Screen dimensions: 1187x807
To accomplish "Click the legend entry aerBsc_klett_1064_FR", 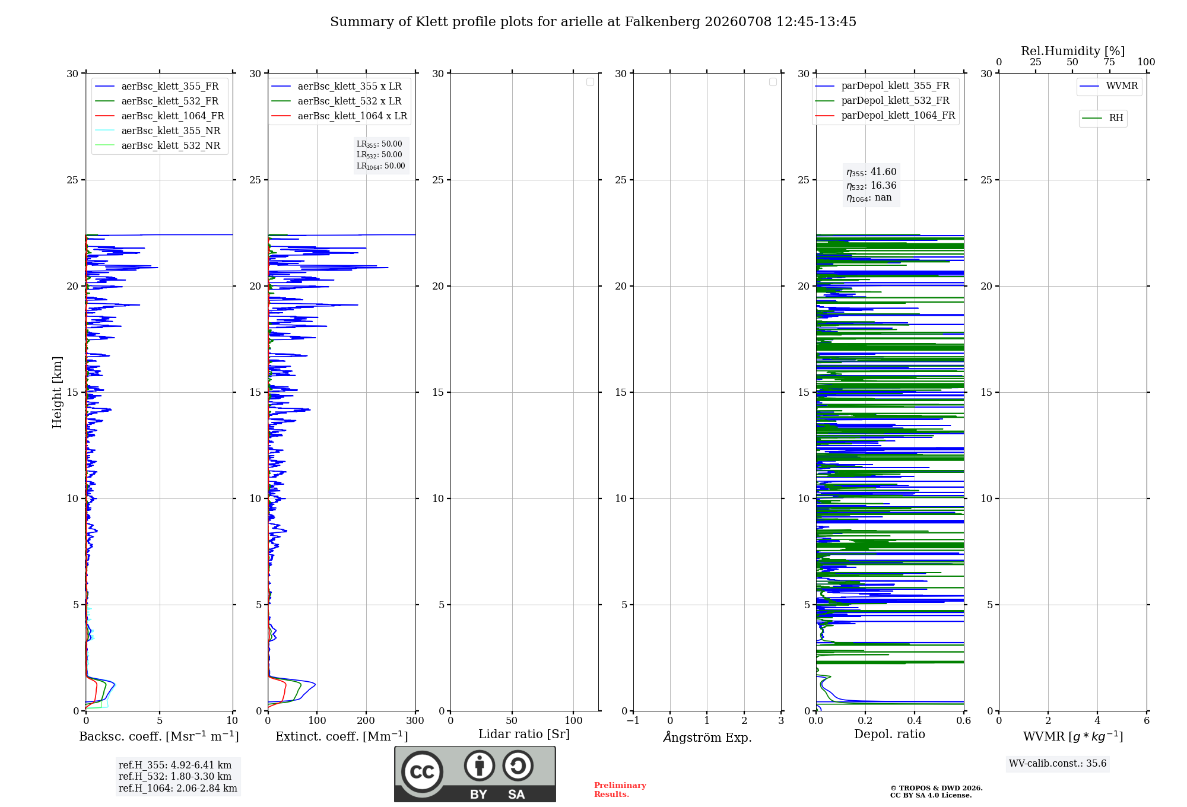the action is point(160,116).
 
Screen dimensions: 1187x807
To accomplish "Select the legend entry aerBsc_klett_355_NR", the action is point(158,131).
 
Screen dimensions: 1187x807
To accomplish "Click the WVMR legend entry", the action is point(1109,86).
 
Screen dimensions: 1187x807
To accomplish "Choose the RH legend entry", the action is point(1102,118).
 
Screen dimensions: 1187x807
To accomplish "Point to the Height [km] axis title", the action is point(57,392).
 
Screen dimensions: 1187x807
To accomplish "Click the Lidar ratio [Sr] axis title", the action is point(524,735).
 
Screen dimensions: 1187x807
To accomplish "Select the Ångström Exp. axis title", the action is point(707,737).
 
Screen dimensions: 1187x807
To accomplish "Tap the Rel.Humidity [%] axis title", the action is point(1073,51).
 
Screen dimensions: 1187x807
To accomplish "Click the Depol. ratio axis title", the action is point(890,734).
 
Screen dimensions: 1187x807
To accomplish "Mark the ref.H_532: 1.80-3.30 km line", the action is point(175,776).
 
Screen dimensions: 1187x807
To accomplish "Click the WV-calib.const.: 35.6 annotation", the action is point(1058,764).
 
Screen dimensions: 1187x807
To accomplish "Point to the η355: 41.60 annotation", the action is point(871,172).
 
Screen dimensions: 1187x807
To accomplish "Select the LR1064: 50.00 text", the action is point(380,166).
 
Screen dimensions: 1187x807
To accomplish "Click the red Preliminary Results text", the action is point(620,790).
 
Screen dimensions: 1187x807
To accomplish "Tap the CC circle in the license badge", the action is point(422,772).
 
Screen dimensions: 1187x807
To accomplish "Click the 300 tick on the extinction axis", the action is point(415,720).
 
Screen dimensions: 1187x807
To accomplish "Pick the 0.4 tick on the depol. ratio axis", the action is point(915,720).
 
